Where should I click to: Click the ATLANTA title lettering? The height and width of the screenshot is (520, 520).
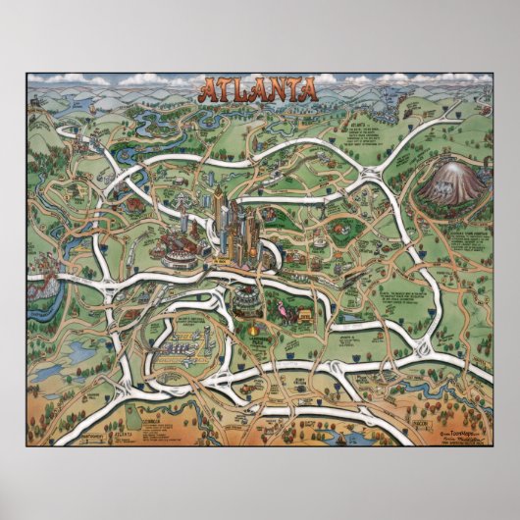(x=259, y=90)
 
